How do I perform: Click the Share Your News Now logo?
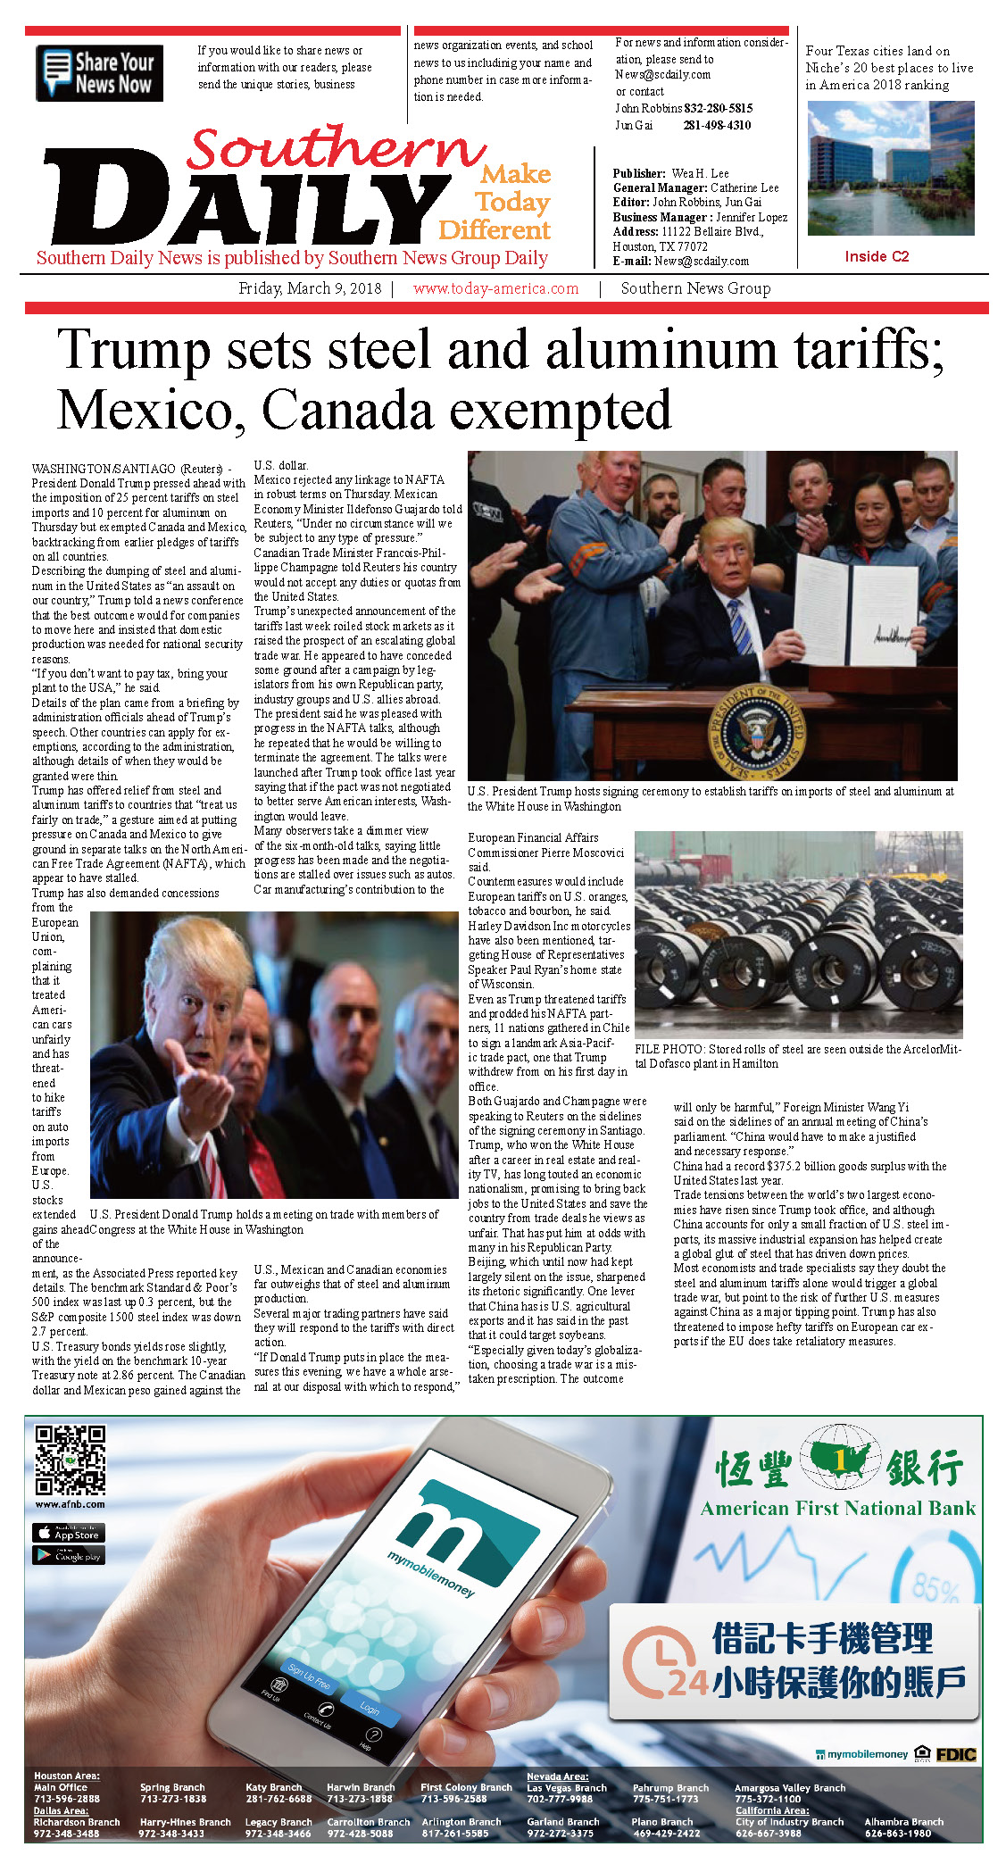[x=99, y=73]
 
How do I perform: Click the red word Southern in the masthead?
[x=335, y=147]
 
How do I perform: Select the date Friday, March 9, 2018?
[x=310, y=289]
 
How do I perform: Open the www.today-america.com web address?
[x=495, y=289]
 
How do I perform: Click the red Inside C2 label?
[x=877, y=257]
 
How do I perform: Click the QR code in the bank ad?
[x=70, y=1460]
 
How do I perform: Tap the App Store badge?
[x=69, y=1533]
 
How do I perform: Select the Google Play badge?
[x=69, y=1555]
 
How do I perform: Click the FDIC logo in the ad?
[x=955, y=1754]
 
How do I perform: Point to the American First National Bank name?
[x=837, y=1509]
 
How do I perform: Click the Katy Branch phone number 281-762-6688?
[x=279, y=1800]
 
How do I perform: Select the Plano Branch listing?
[x=665, y=1827]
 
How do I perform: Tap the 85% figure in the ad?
[x=935, y=1588]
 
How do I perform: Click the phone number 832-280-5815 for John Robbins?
[x=718, y=108]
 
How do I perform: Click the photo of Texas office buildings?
[x=890, y=168]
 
